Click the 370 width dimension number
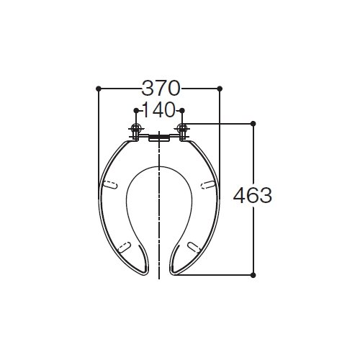pyautogui.click(x=161, y=89)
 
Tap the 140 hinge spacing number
pyautogui.click(x=159, y=110)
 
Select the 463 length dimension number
pyautogui.click(x=253, y=195)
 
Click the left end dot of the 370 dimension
pyautogui.click(x=98, y=89)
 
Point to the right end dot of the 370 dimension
pyautogui.click(x=220, y=89)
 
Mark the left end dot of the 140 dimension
pyautogui.click(x=136, y=110)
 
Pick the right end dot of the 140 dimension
pyautogui.click(x=182, y=110)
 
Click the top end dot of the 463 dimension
pyautogui.click(x=253, y=124)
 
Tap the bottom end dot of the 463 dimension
pyautogui.click(x=253, y=275)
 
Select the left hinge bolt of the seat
pyautogui.click(x=136, y=131)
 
